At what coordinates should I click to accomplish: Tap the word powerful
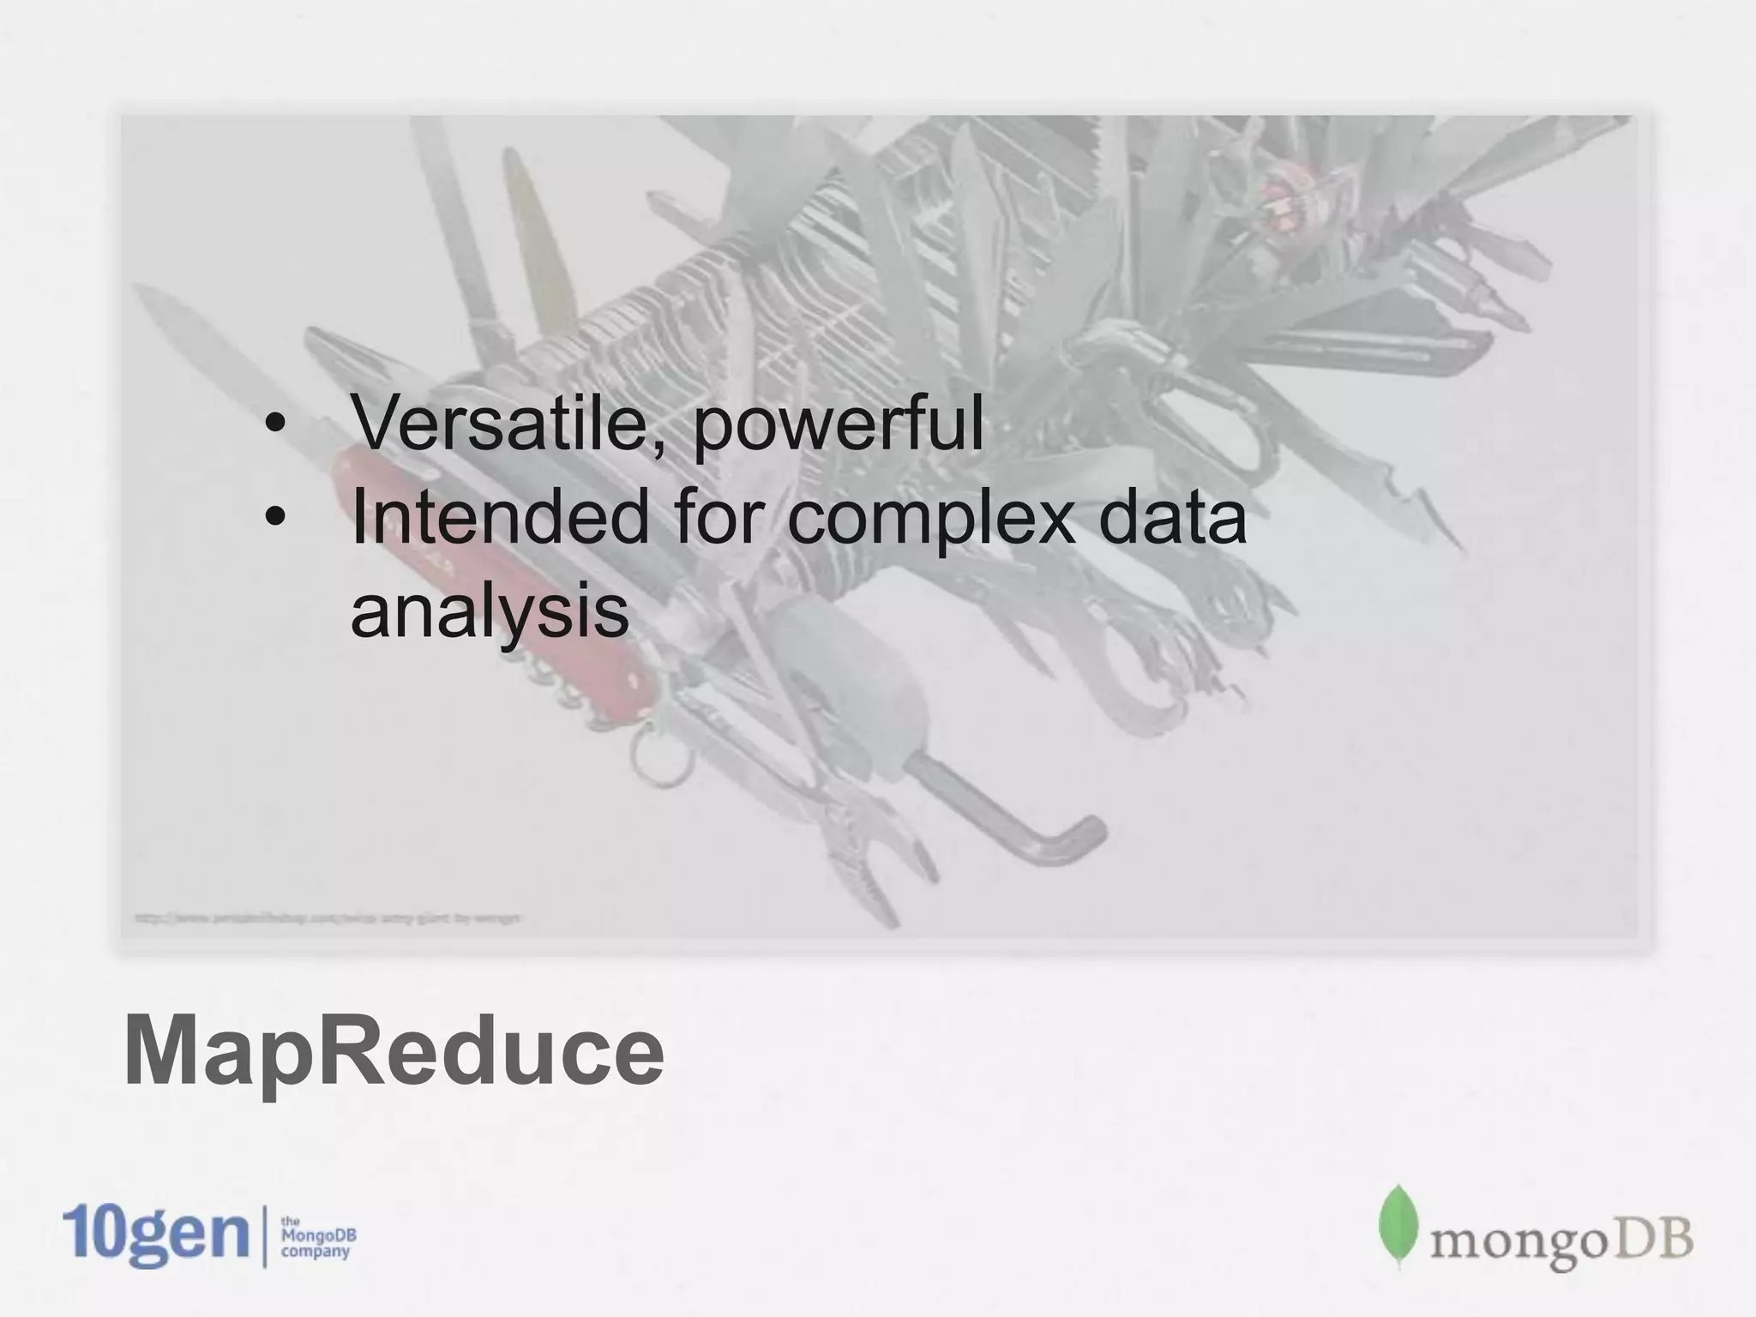tap(838, 426)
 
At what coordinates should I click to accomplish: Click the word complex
tap(929, 521)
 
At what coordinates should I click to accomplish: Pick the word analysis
tap(490, 613)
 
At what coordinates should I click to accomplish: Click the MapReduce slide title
tap(394, 1051)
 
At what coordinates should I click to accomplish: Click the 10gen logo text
tap(155, 1236)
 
